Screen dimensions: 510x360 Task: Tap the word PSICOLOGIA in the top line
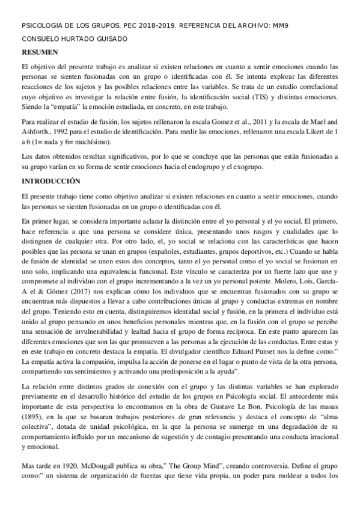(41, 26)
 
